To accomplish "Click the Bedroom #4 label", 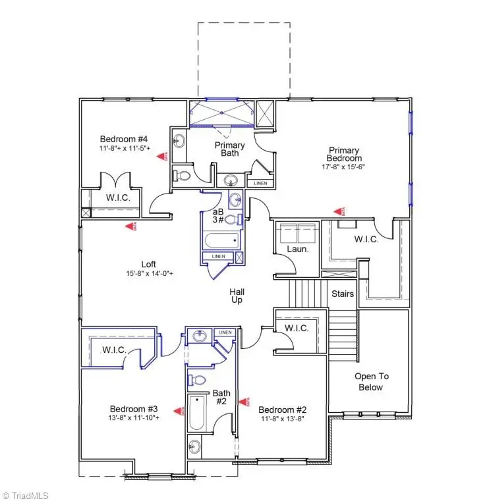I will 124,139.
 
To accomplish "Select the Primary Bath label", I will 230,149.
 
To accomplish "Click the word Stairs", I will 342,294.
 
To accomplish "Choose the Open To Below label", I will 372,382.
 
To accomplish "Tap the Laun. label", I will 297,249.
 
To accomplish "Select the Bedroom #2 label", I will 283,409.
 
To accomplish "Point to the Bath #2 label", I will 221,397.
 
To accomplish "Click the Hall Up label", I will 237,295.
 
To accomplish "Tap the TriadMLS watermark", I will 26,495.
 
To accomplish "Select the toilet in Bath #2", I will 195,379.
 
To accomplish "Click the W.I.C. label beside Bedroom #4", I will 119,198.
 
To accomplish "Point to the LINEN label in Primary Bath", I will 260,183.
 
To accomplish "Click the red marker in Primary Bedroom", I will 339,211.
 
